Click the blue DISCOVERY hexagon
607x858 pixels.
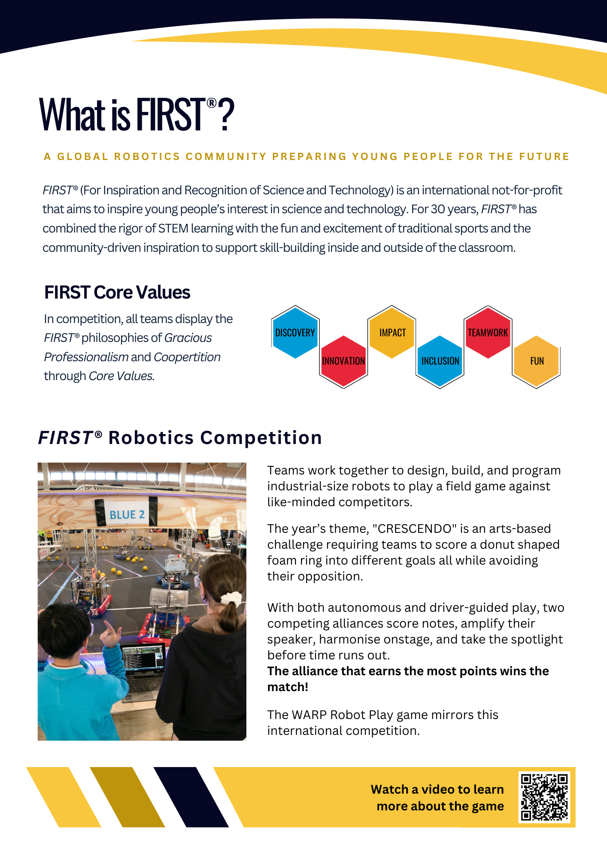coord(295,332)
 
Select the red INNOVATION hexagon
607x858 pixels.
coord(343,361)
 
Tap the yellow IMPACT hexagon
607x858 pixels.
coord(392,332)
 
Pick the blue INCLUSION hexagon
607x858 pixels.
coord(440,361)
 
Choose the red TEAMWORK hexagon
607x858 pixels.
coord(488,332)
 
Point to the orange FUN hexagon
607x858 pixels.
coord(537,361)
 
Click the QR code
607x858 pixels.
coord(544,797)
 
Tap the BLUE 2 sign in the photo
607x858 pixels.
coord(127,514)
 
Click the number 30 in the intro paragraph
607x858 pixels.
coord(438,209)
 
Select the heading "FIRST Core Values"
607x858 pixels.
coord(117,293)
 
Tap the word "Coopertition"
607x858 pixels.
coord(187,357)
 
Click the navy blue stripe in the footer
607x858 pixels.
coord(191,797)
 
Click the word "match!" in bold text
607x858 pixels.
coord(288,687)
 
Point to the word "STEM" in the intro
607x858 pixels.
coord(173,229)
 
